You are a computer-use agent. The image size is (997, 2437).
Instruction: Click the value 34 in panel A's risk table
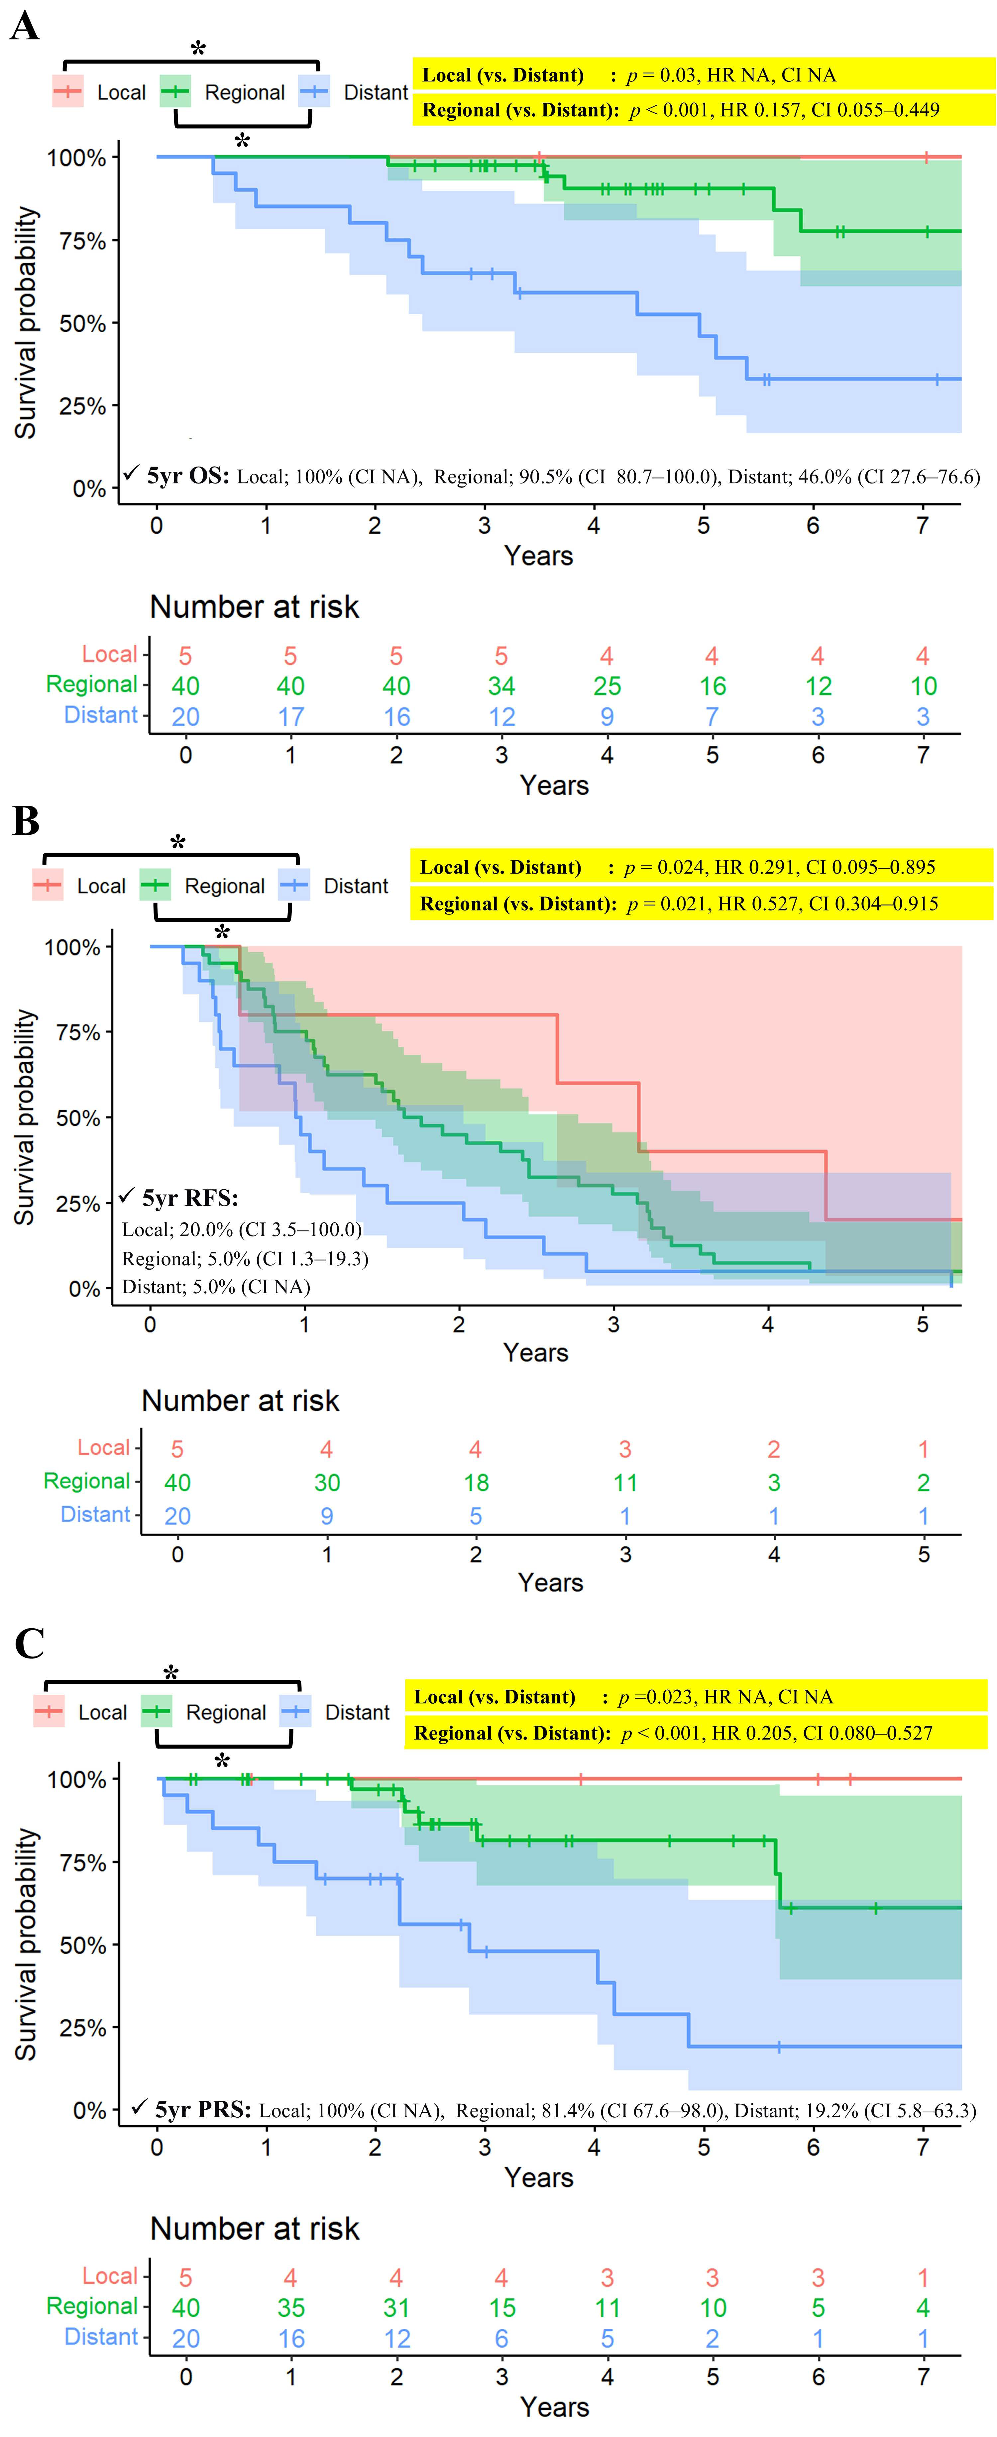pos(501,686)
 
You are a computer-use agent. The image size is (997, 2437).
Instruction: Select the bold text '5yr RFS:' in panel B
pos(189,1199)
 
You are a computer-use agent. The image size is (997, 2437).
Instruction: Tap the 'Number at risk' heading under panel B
pos(240,1401)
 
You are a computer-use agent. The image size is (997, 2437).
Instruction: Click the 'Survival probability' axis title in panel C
pos(27,1944)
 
